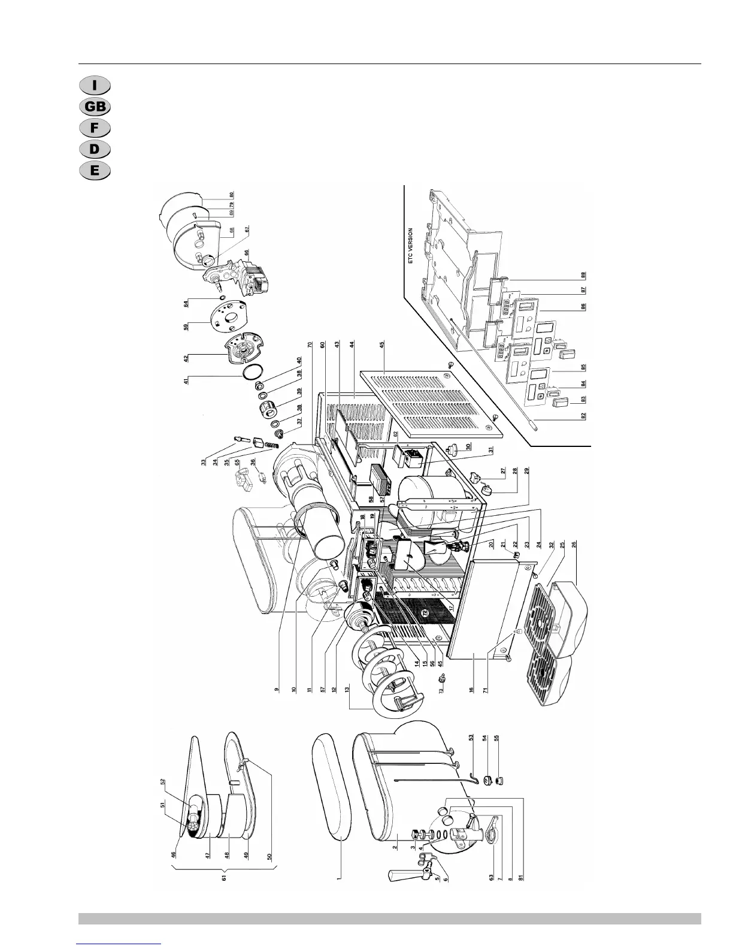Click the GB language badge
pyautogui.click(x=95, y=107)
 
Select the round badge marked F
pyautogui.click(x=95, y=128)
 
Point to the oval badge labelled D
pyautogui.click(x=95, y=149)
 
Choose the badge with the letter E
pyautogui.click(x=95, y=170)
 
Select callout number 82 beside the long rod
pyautogui.click(x=582, y=416)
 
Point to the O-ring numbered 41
pyautogui.click(x=186, y=381)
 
